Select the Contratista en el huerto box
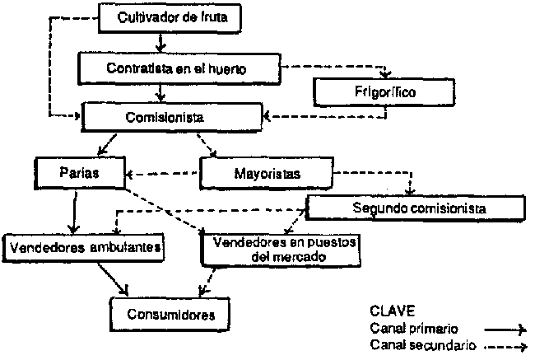coord(178,67)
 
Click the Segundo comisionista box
coord(419,208)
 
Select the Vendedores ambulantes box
coord(85,245)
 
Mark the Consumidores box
coord(171,314)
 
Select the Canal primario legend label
coord(413,328)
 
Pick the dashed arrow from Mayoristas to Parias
coord(165,174)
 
